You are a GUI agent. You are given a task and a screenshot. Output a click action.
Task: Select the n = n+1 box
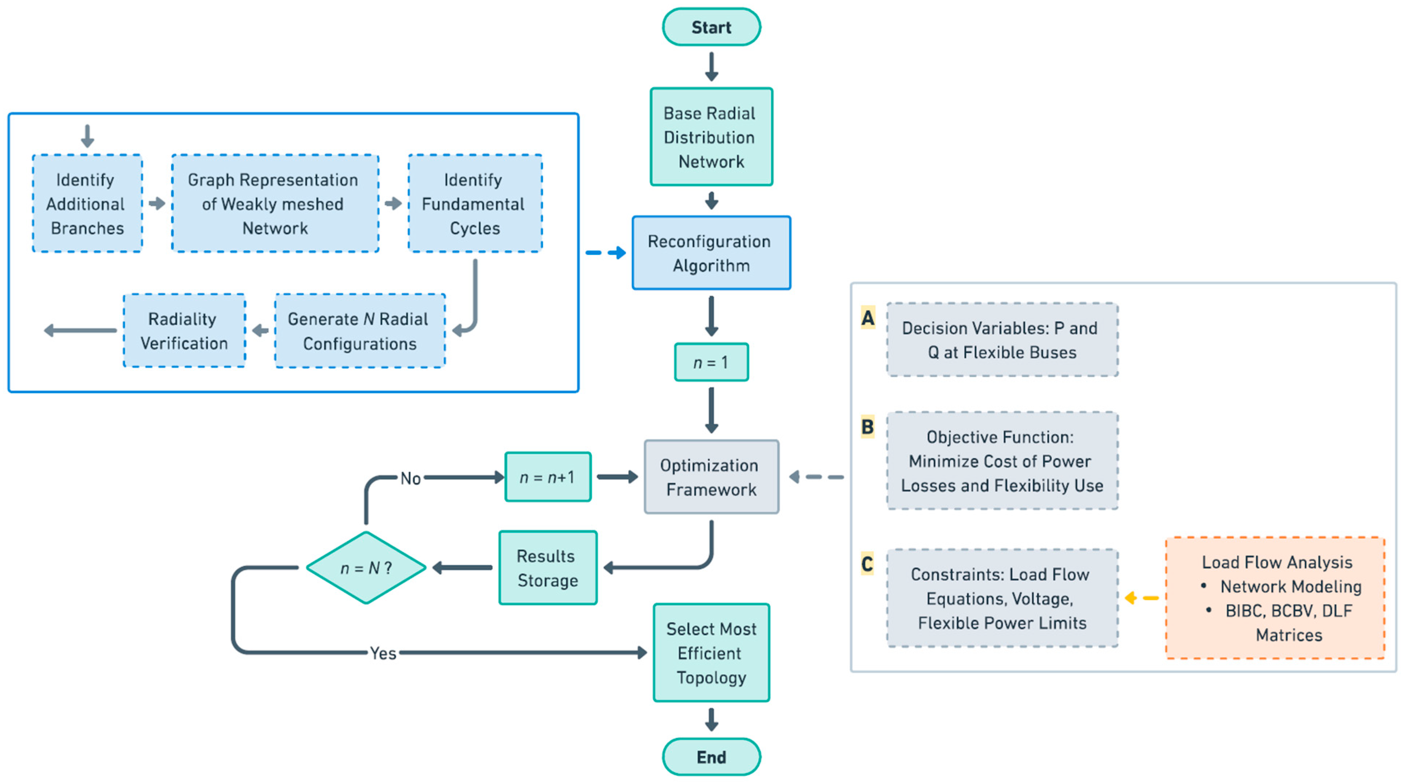click(548, 477)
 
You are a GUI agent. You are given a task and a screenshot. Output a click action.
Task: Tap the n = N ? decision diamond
click(366, 568)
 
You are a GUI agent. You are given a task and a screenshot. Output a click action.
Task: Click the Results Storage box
click(548, 568)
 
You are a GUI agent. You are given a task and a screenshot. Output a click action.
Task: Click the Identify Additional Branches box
click(87, 204)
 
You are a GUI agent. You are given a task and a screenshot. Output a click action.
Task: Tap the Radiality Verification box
click(184, 331)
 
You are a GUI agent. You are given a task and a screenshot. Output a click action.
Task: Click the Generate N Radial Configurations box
click(359, 331)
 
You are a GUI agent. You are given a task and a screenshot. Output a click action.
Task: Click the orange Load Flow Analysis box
click(1274, 598)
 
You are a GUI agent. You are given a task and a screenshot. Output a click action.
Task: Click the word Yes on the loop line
click(383, 653)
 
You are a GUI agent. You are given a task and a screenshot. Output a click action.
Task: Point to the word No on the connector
click(410, 478)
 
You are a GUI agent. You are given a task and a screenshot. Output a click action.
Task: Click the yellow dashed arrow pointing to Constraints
click(1141, 598)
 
